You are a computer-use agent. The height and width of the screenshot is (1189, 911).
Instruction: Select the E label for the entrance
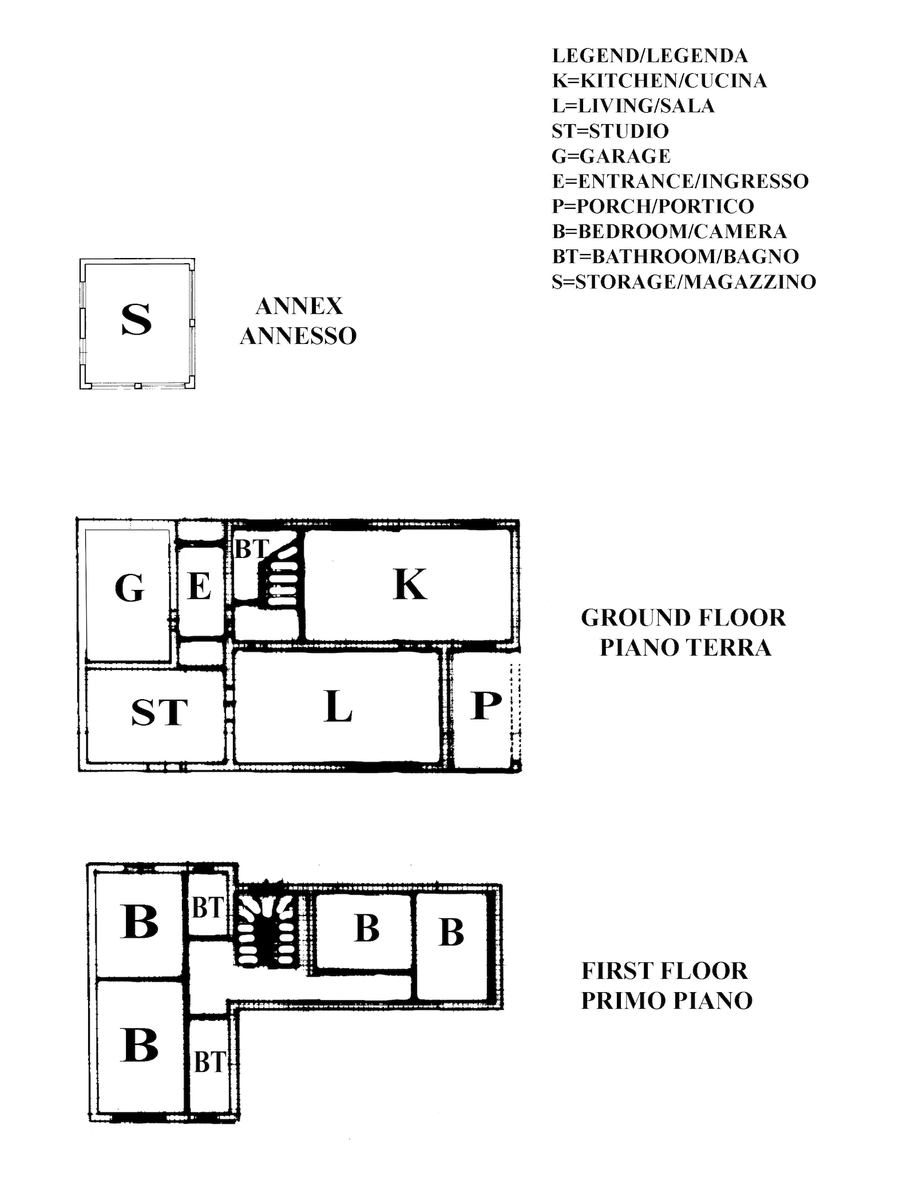pyautogui.click(x=200, y=586)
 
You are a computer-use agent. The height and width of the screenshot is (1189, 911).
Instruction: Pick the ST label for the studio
pyautogui.click(x=160, y=712)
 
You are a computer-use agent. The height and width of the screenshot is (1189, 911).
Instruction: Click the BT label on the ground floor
pyautogui.click(x=252, y=550)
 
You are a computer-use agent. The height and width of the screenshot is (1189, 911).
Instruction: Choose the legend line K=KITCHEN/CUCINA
pyautogui.click(x=659, y=81)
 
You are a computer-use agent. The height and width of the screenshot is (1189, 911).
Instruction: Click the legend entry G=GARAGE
pyautogui.click(x=611, y=156)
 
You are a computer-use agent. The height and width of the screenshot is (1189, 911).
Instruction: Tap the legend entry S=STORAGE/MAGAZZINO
pyautogui.click(x=684, y=282)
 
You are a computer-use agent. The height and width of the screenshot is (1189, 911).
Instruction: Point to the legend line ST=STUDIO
pyautogui.click(x=610, y=131)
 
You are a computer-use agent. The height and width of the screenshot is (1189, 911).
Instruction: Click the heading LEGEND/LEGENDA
pyautogui.click(x=649, y=56)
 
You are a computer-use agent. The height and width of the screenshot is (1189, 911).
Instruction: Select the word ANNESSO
pyautogui.click(x=298, y=336)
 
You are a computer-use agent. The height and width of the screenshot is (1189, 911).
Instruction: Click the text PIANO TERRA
pyautogui.click(x=686, y=648)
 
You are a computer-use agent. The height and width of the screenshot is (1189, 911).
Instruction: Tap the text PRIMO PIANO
pyautogui.click(x=667, y=1001)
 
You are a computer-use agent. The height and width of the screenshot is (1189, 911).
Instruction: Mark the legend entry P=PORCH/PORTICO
pyautogui.click(x=653, y=206)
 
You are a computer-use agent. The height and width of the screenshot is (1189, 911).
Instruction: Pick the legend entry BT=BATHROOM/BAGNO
pyautogui.click(x=675, y=256)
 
